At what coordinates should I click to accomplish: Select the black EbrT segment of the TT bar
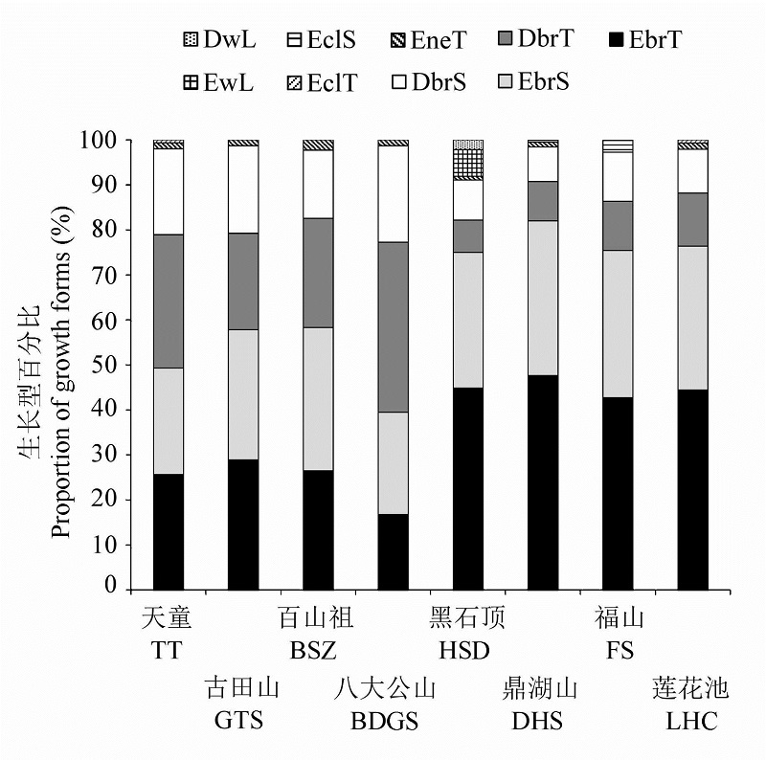pyautogui.click(x=169, y=531)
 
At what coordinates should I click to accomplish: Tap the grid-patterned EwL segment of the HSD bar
pyautogui.click(x=468, y=164)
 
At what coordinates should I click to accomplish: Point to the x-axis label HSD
pyautogui.click(x=466, y=651)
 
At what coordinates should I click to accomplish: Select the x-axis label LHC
pyautogui.click(x=691, y=721)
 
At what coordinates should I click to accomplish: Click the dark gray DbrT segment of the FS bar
pyautogui.click(x=618, y=225)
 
